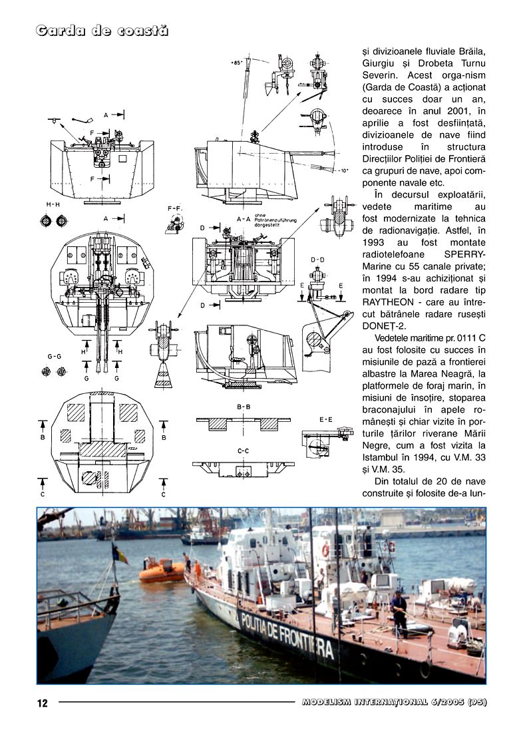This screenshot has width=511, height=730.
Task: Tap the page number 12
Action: point(42,703)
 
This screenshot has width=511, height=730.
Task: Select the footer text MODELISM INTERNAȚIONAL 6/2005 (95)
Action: point(394,702)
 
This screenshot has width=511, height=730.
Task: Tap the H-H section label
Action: point(53,204)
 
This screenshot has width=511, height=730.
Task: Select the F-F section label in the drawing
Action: point(174,209)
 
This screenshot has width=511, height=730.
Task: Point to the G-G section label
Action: point(54,357)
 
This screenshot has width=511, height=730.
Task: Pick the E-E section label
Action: point(326,419)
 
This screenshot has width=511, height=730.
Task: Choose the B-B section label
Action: point(243,406)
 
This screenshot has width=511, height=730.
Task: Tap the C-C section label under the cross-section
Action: point(243,451)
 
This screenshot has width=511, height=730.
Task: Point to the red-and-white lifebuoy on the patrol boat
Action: point(326,550)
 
